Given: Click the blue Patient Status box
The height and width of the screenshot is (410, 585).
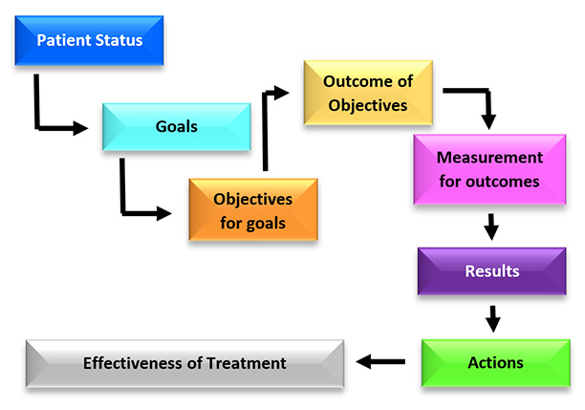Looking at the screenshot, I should tap(89, 41).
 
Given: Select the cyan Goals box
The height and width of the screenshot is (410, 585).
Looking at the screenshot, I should tap(176, 125).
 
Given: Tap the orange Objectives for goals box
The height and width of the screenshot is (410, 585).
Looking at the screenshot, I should tap(252, 211).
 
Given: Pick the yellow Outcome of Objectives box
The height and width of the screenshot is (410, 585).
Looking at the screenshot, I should tap(368, 92).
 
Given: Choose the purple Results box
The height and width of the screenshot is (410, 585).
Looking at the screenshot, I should tap(491, 270).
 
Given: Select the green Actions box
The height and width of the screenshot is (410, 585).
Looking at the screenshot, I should tap(494, 362).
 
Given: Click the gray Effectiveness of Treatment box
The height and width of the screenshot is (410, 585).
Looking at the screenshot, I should tap(184, 363).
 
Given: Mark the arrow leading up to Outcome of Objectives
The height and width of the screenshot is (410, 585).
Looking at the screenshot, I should tap(267, 124).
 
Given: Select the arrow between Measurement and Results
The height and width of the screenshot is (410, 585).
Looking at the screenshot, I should tap(491, 227).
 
